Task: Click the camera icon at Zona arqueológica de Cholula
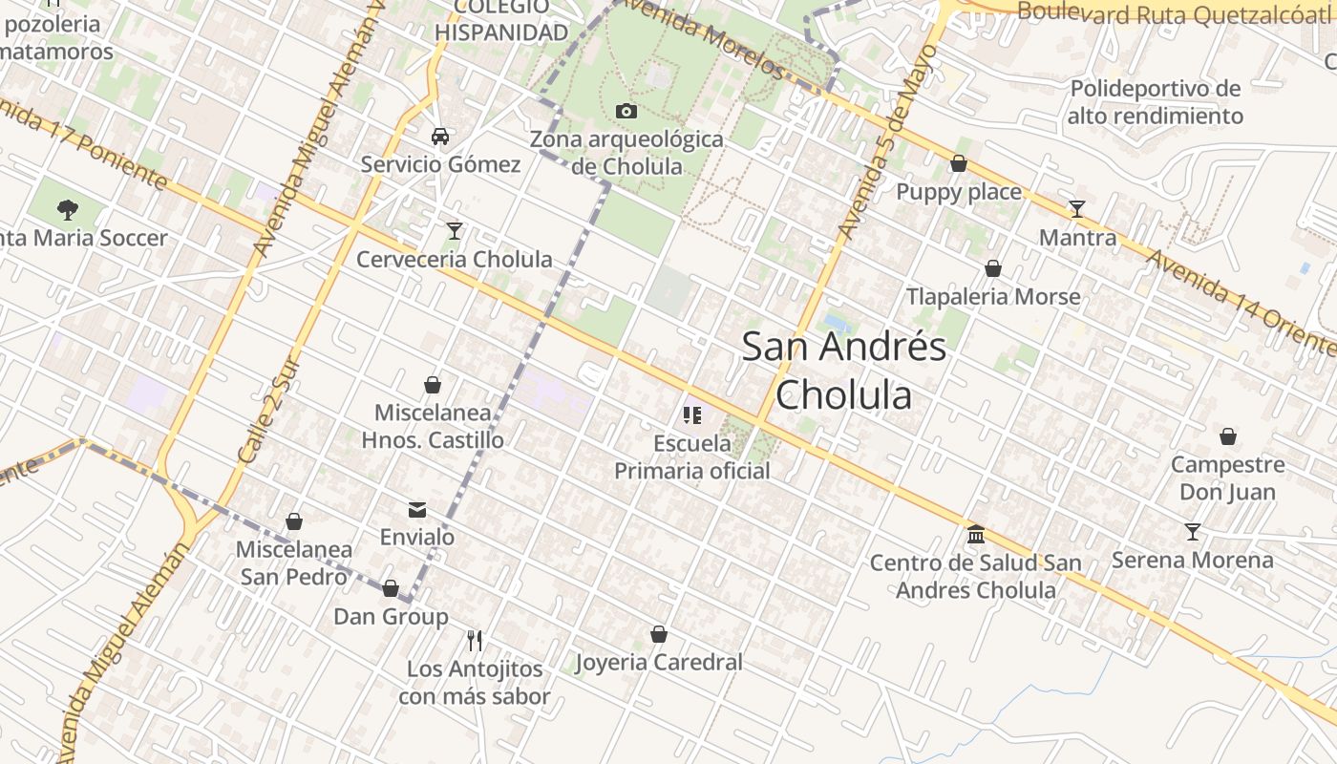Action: pyautogui.click(x=626, y=112)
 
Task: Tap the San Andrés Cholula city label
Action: pyautogui.click(x=843, y=370)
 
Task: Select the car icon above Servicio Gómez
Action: pyautogui.click(x=440, y=137)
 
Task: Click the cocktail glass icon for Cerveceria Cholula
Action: pyautogui.click(x=455, y=231)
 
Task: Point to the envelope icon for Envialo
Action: pyautogui.click(x=417, y=509)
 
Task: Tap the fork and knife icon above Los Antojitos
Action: pyautogui.click(x=475, y=640)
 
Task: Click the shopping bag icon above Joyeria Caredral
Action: pyautogui.click(x=658, y=634)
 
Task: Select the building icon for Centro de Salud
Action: pyautogui.click(x=975, y=534)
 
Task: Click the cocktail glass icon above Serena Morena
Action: pyautogui.click(x=1192, y=531)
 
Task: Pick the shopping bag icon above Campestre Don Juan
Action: pyautogui.click(x=1227, y=436)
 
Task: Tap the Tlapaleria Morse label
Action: pyautogui.click(x=993, y=296)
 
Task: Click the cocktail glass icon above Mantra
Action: pyautogui.click(x=1077, y=209)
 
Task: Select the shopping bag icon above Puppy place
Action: pyautogui.click(x=959, y=164)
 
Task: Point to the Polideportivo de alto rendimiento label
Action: pyautogui.click(x=1155, y=102)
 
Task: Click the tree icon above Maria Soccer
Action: pyautogui.click(x=67, y=208)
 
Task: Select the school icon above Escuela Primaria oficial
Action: pyautogui.click(x=692, y=415)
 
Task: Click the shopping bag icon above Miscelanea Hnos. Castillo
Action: pyautogui.click(x=433, y=385)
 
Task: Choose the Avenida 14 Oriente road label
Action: pyautogui.click(x=1241, y=301)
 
